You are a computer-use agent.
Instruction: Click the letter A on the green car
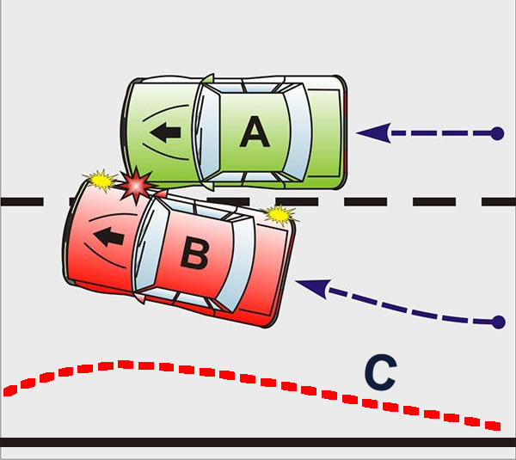(253, 132)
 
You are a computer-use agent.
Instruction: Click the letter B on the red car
(194, 252)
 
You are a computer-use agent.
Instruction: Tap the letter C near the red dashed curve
(379, 372)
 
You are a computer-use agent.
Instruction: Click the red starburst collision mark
(136, 184)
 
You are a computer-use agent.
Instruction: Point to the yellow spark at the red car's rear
(279, 213)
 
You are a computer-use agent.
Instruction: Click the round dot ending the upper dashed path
(496, 133)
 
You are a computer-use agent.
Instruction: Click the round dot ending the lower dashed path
(497, 322)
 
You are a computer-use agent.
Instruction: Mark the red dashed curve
(129, 365)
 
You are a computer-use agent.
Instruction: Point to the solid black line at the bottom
(258, 442)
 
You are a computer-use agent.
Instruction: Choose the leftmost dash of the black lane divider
(21, 202)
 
